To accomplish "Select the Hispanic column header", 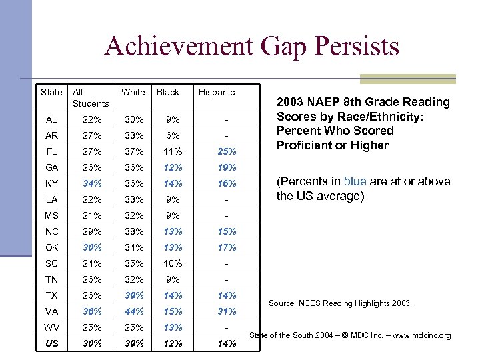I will click(x=217, y=93).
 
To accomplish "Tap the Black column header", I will click(x=168, y=93).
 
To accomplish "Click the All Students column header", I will click(x=90, y=98).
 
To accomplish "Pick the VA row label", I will click(x=51, y=311).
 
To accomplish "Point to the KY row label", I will click(x=51, y=183).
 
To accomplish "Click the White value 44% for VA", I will click(x=133, y=311).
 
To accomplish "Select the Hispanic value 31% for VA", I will click(x=227, y=311).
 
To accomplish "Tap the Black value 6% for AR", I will click(x=173, y=135).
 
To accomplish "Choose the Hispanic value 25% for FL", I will click(x=227, y=151).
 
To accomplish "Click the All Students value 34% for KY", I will click(x=92, y=183).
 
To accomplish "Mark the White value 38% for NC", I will click(x=133, y=231).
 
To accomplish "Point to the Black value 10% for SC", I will click(x=173, y=263).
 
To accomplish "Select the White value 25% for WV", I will click(x=133, y=327).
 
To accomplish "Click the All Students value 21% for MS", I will click(x=92, y=215).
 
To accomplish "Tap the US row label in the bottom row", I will click(x=51, y=343).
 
